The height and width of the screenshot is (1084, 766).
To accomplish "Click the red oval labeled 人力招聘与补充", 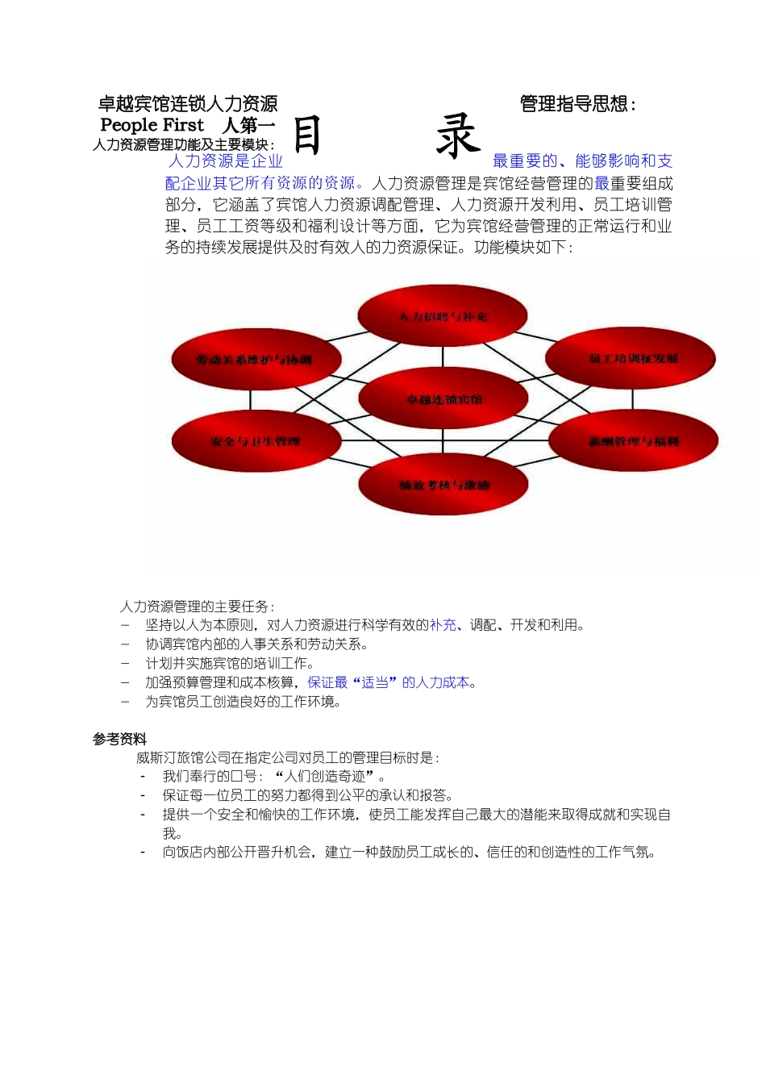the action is tap(443, 316).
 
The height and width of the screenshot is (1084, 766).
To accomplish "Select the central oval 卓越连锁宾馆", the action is tap(443, 399).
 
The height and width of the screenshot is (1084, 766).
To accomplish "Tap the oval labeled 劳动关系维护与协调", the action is tap(254, 360).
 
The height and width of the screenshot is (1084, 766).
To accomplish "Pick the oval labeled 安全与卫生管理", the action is tap(256, 441).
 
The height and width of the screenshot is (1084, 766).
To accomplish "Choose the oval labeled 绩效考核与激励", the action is tap(443, 485).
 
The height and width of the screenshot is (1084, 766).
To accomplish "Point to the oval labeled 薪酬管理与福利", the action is tap(633, 441).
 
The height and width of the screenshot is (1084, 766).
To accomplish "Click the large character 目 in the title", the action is tap(307, 135).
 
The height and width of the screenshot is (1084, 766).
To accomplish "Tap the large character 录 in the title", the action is tap(457, 135).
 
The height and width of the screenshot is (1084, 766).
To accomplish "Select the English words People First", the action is tap(152, 125).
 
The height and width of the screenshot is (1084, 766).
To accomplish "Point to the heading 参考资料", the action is tap(119, 739).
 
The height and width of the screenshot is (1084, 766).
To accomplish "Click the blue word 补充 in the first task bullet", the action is tap(443, 625).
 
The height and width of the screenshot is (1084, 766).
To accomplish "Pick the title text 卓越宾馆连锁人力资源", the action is tap(188, 104).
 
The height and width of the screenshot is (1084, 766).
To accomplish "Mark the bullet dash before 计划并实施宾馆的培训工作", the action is tap(125, 663).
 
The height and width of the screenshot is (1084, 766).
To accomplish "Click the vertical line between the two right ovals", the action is tap(633, 400).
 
